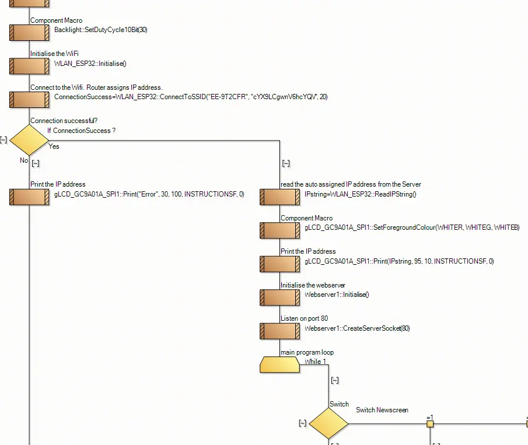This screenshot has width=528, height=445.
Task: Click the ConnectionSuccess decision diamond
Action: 29,139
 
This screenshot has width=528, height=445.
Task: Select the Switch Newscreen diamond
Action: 328,423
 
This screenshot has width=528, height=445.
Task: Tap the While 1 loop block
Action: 280,365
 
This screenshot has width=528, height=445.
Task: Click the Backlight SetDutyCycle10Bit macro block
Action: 29,33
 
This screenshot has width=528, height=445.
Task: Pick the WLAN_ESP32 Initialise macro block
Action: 29,66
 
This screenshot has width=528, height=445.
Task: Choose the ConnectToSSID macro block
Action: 29,100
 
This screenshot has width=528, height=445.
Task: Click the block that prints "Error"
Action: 29,197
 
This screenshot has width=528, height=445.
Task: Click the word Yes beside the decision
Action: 54,146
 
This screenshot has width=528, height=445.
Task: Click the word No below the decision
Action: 24,160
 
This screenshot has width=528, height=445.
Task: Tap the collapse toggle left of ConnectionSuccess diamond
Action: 4,139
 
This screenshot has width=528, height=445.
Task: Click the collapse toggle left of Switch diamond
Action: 302,423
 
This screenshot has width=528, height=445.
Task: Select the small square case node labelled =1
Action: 430,424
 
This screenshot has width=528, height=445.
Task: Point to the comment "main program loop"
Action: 307,352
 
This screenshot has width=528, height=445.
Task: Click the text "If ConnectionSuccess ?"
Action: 81,131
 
